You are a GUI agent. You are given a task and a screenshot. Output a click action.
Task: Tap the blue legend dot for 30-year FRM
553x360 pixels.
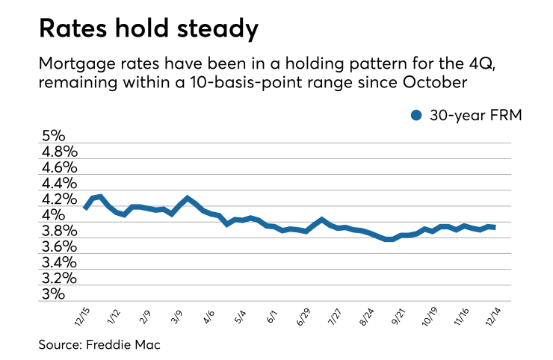(417, 114)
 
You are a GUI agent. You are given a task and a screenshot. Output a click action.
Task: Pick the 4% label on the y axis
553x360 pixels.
(55, 215)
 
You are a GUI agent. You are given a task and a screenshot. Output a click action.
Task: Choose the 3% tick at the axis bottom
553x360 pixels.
(55, 294)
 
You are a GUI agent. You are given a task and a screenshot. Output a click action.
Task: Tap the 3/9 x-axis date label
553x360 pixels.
(180, 314)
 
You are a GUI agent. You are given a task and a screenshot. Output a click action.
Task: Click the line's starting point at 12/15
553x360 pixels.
(85, 208)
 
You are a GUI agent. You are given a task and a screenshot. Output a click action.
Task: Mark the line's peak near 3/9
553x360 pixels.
(187, 198)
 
